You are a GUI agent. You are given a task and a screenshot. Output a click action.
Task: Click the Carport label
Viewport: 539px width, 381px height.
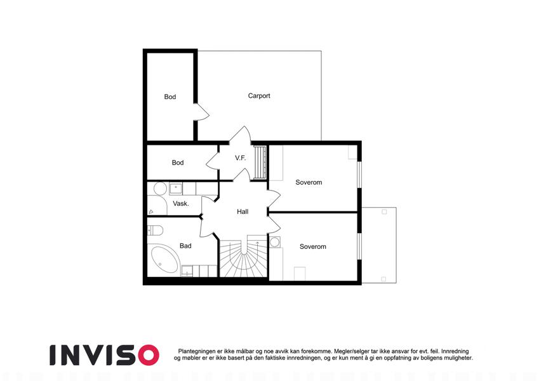click(259, 96)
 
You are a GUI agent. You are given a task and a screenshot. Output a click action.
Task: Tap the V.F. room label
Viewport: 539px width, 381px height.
click(240, 158)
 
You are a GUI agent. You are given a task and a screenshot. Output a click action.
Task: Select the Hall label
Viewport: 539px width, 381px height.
click(243, 211)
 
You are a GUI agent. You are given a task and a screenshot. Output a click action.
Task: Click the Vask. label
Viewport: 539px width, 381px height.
click(181, 204)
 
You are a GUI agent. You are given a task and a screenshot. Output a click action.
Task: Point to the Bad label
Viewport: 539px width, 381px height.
click(185, 246)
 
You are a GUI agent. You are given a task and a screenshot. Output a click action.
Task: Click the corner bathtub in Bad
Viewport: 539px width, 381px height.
click(164, 258)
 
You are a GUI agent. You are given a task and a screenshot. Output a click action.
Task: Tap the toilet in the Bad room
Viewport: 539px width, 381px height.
click(155, 230)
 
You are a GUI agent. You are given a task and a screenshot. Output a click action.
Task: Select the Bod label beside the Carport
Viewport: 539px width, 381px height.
click(170, 97)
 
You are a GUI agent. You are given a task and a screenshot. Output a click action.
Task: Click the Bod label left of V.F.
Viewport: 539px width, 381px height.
click(178, 163)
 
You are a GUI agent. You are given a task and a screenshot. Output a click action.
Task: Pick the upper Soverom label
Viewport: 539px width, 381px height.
click(309, 182)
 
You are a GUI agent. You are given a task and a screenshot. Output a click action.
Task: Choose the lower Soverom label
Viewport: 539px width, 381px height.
click(313, 246)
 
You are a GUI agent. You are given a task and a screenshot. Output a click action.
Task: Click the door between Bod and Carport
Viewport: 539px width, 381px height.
click(201, 112)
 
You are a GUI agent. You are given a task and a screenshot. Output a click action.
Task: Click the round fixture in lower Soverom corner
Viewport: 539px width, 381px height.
click(275, 242)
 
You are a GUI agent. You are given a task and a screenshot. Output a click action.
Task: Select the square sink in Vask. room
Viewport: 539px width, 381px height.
click(176, 189)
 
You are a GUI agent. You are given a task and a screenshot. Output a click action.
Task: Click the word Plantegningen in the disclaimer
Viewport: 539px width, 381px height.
click(197, 351)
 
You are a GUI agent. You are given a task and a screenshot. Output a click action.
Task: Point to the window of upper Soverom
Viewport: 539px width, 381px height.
click(359, 175)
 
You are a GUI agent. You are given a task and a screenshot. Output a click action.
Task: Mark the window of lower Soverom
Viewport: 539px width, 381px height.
click(359, 246)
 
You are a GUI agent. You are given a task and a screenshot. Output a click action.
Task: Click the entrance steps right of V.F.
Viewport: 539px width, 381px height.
click(260, 162)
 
